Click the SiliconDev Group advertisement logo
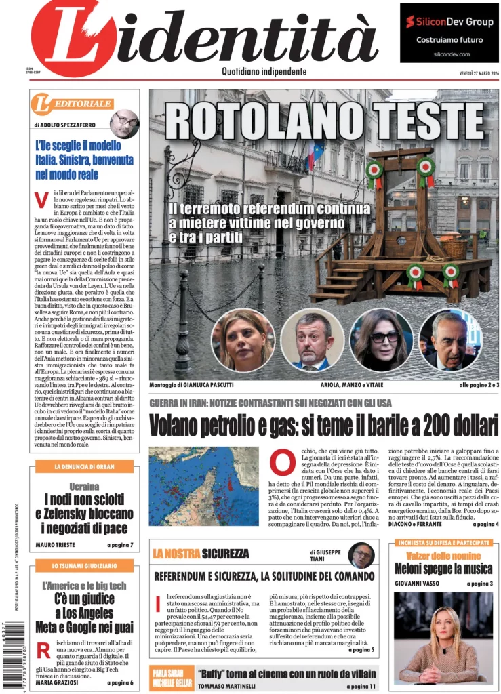click(449, 22)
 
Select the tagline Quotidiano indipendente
click(264, 72)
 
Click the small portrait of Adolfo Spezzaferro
click(124, 123)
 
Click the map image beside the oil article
click(203, 485)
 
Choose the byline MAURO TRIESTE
click(56, 545)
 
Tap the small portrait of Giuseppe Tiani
click(361, 555)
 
